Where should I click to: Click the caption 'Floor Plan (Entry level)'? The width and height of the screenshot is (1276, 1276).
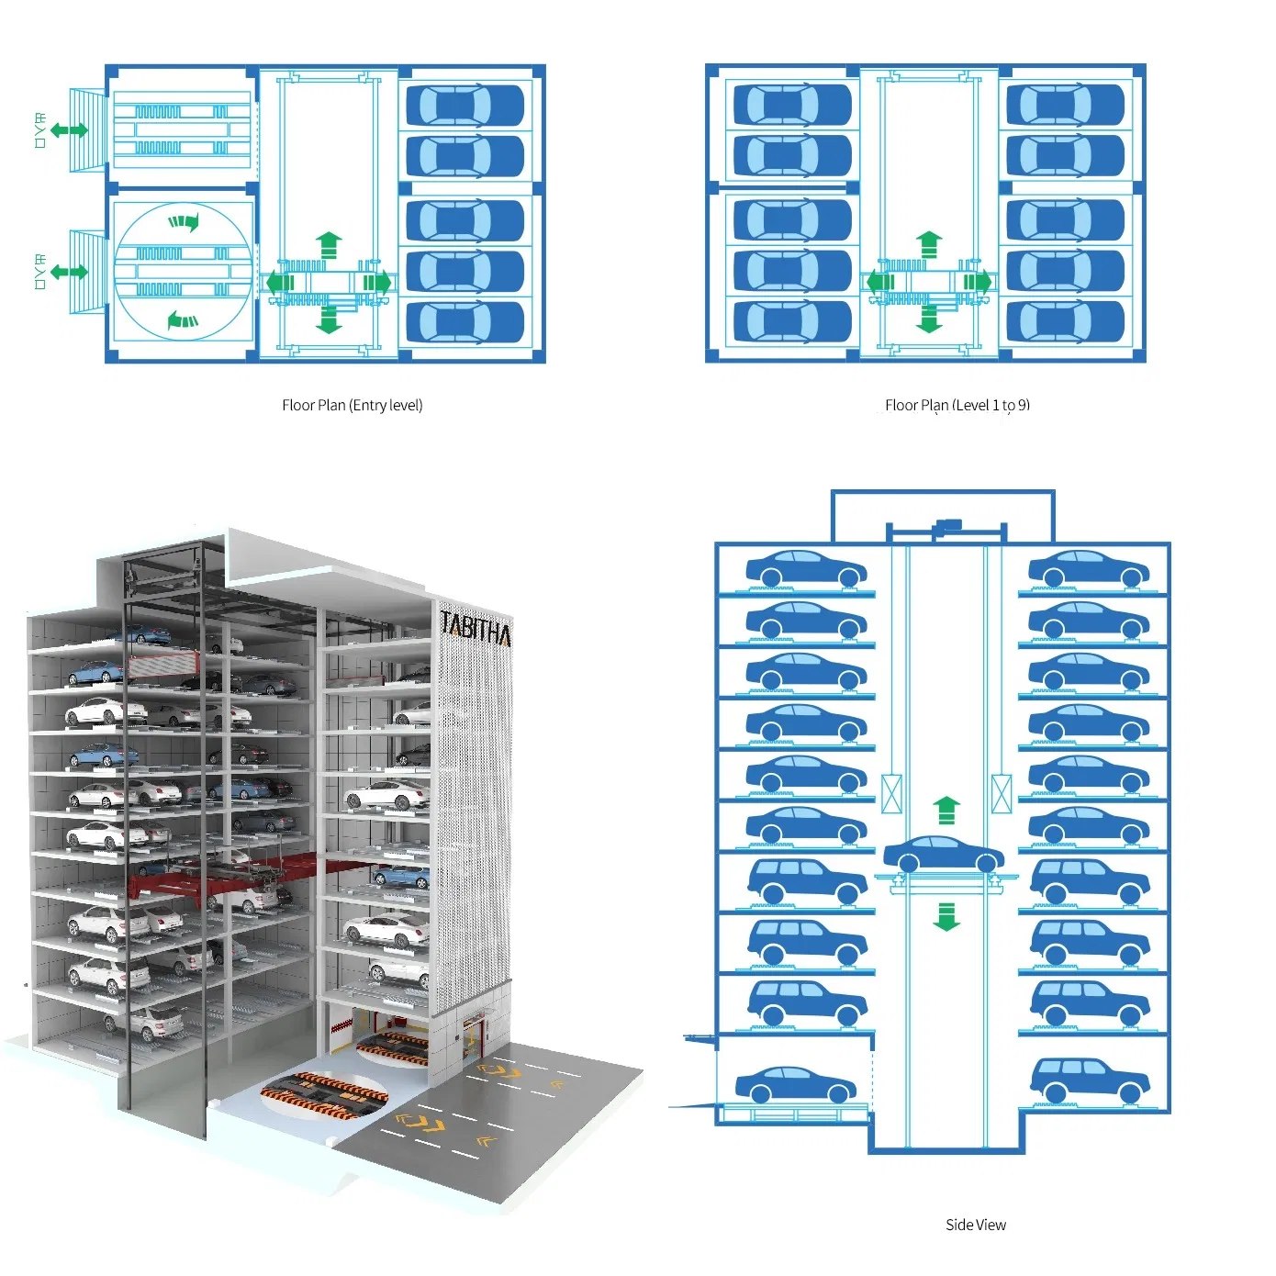[x=352, y=405]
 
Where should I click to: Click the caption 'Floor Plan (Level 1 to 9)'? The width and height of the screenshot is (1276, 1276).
[x=957, y=405]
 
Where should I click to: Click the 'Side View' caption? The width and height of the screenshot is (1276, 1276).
[x=975, y=1225]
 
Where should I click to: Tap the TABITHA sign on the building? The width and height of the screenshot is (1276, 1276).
[x=476, y=629]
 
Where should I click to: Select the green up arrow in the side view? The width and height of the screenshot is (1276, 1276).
[x=946, y=810]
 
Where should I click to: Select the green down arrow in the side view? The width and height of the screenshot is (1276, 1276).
[x=946, y=916]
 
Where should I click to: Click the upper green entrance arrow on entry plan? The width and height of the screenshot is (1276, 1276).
[x=69, y=130]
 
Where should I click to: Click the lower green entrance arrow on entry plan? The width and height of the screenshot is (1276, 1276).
[x=69, y=272]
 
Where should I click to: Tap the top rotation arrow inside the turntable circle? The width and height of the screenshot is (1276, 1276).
[x=184, y=221]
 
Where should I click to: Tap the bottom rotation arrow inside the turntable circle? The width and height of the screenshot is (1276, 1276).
[x=183, y=320]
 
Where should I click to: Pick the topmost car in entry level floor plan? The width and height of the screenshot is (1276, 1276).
[x=465, y=106]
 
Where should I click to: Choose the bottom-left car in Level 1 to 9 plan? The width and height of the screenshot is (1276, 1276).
[x=791, y=321]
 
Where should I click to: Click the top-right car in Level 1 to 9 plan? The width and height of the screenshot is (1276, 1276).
[x=1065, y=106]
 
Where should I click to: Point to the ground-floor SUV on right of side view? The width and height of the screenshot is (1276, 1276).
[x=1089, y=1080]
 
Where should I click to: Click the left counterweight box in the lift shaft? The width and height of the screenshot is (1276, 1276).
[x=891, y=794]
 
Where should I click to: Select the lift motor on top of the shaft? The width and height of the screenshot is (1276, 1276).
[x=946, y=527]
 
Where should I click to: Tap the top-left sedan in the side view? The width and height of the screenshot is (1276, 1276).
[x=805, y=569]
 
